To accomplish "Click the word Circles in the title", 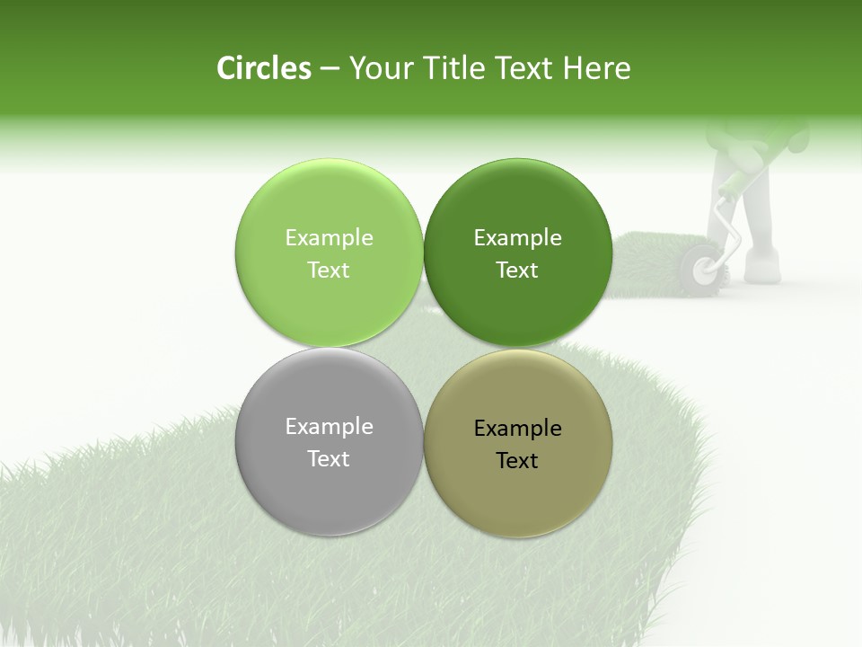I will pos(263,68).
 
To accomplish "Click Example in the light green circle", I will pos(329,238).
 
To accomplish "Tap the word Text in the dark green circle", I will pos(517,270).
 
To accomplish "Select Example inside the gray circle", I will pos(329,427).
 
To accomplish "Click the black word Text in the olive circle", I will pos(517,461).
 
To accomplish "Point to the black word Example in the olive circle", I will pos(517,429).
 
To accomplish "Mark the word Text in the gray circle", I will pos(329,459).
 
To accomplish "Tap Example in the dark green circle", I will pos(517,238).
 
